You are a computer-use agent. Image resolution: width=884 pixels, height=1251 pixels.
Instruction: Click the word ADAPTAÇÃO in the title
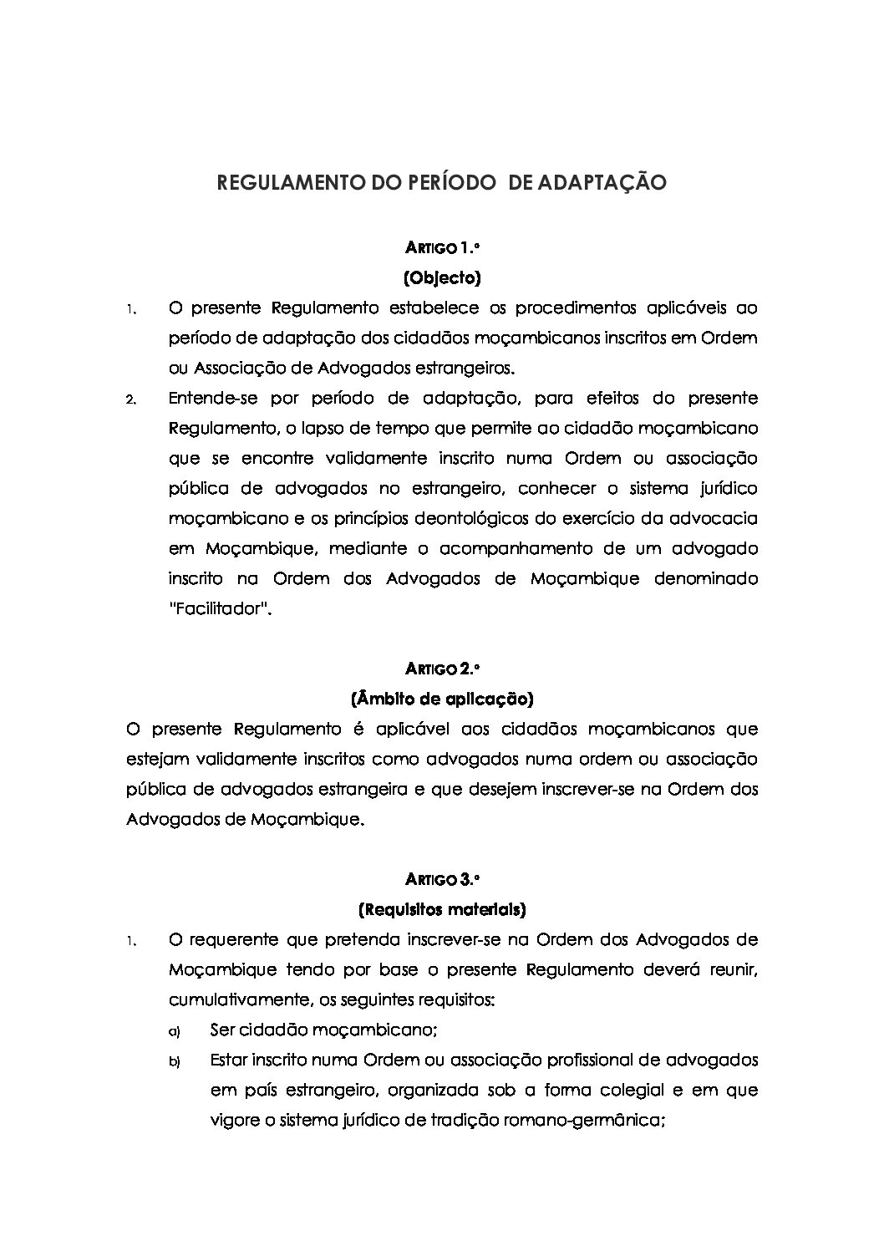(595, 183)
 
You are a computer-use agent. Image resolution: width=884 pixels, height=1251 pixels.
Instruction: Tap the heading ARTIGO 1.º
(442, 247)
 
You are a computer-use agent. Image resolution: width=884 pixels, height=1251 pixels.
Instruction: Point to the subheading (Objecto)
(442, 277)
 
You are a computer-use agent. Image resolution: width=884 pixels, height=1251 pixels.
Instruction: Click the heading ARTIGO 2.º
(442, 668)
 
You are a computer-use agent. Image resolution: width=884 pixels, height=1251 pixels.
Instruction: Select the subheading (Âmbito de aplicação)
(442, 698)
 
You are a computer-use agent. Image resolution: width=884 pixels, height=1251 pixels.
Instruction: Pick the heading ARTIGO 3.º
(442, 878)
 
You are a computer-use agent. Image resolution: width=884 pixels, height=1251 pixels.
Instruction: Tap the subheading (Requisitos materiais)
(442, 908)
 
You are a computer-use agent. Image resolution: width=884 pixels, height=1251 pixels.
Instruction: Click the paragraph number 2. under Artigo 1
(130, 399)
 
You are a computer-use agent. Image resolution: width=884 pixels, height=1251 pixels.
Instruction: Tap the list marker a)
(175, 1030)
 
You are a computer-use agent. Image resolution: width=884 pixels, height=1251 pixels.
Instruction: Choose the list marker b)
(175, 1061)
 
